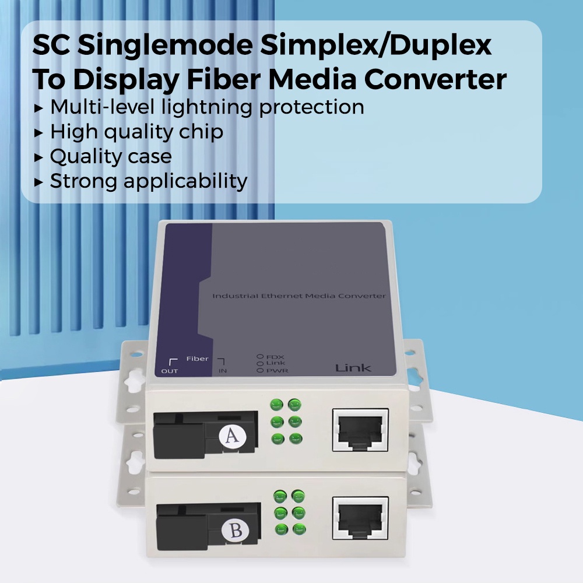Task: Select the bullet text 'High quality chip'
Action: (x=136, y=132)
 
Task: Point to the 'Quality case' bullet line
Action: (x=111, y=156)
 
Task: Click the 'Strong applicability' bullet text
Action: (x=149, y=181)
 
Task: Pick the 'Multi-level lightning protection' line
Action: (x=207, y=107)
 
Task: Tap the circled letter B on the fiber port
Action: (x=236, y=531)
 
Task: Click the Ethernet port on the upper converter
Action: (x=360, y=430)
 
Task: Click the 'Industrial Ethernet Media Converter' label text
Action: (x=298, y=296)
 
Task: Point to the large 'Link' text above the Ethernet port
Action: (x=353, y=368)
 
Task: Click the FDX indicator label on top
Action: (x=275, y=356)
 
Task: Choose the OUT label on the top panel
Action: (x=170, y=371)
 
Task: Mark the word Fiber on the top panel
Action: (x=197, y=359)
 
